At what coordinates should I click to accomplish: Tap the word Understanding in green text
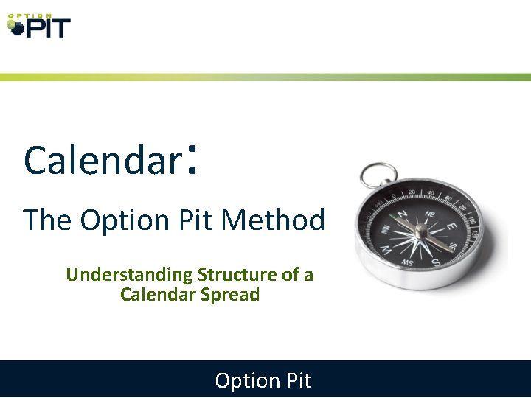pos(129,275)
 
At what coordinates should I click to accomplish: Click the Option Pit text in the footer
pos(263,380)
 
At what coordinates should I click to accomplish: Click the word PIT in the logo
pos(48,28)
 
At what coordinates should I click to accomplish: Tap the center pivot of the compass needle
pos(420,231)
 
